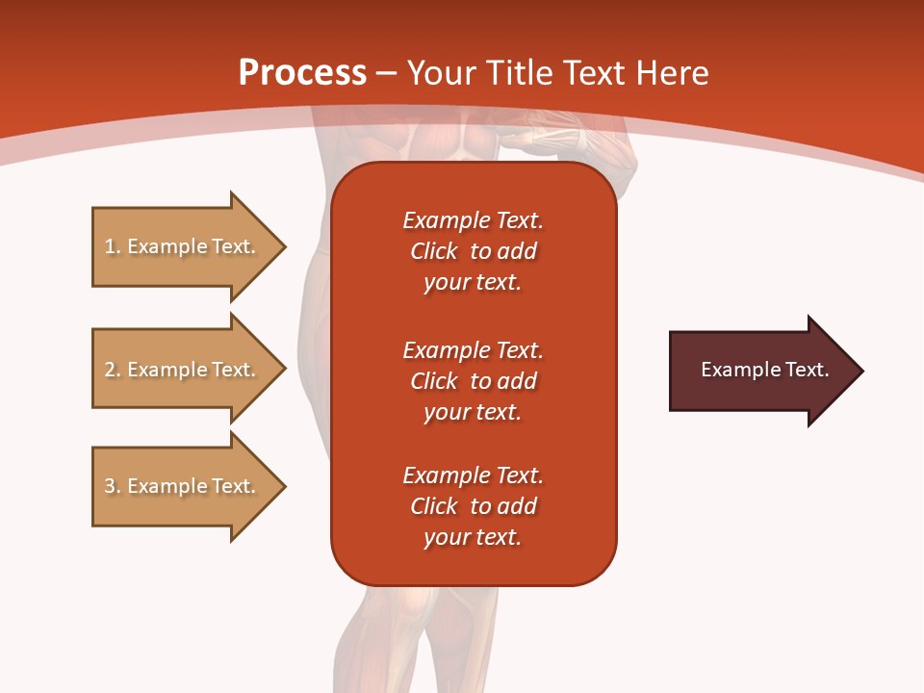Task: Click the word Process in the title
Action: pos(302,73)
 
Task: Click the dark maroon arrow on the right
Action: pos(760,370)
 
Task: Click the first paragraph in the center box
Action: pos(473,251)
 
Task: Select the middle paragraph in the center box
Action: pos(473,381)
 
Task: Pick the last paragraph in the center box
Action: pos(473,506)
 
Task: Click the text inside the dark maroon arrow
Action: pos(764,370)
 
